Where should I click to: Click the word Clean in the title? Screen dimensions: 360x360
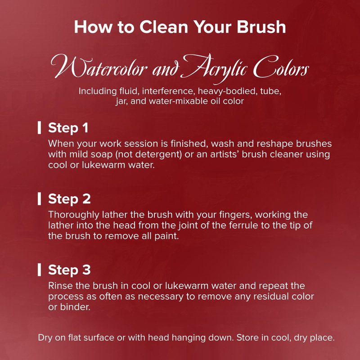[x=163, y=27]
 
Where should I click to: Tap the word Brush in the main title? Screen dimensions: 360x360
[x=261, y=27]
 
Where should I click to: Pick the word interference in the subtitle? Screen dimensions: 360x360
[x=170, y=91]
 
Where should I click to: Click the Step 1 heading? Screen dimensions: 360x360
[x=68, y=128]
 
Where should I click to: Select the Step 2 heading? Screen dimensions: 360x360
[x=69, y=199]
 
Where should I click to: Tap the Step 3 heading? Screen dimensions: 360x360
[x=69, y=270]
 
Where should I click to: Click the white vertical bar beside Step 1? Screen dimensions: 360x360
[x=40, y=128]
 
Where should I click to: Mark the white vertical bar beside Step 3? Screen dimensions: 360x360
[x=40, y=270]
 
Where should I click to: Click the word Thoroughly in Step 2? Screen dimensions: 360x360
[x=73, y=215]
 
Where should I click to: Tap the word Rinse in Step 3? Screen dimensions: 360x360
[x=61, y=286]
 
